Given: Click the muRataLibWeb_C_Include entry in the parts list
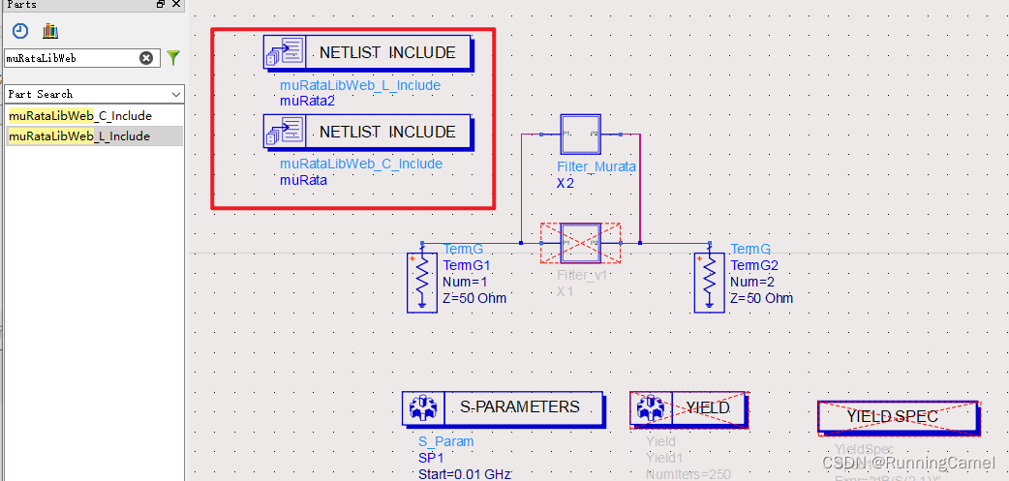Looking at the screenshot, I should (80, 116).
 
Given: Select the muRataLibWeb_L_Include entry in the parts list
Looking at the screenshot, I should (79, 136).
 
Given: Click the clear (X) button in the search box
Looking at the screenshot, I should (146, 58).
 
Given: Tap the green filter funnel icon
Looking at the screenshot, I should (172, 58).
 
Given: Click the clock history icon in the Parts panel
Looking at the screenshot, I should (20, 31).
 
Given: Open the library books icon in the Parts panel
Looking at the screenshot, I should (50, 31).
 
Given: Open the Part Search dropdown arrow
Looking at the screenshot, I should (175, 95).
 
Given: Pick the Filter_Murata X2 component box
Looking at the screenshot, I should (581, 135).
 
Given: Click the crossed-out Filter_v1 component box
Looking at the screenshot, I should (581, 243).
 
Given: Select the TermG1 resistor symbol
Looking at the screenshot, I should (422, 282).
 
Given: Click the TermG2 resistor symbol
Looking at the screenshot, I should (710, 282).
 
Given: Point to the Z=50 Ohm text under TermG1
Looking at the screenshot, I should (474, 297).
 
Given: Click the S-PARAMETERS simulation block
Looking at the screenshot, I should (503, 407).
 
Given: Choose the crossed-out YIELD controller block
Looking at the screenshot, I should (688, 408).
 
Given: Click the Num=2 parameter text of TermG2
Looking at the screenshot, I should (753, 282).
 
